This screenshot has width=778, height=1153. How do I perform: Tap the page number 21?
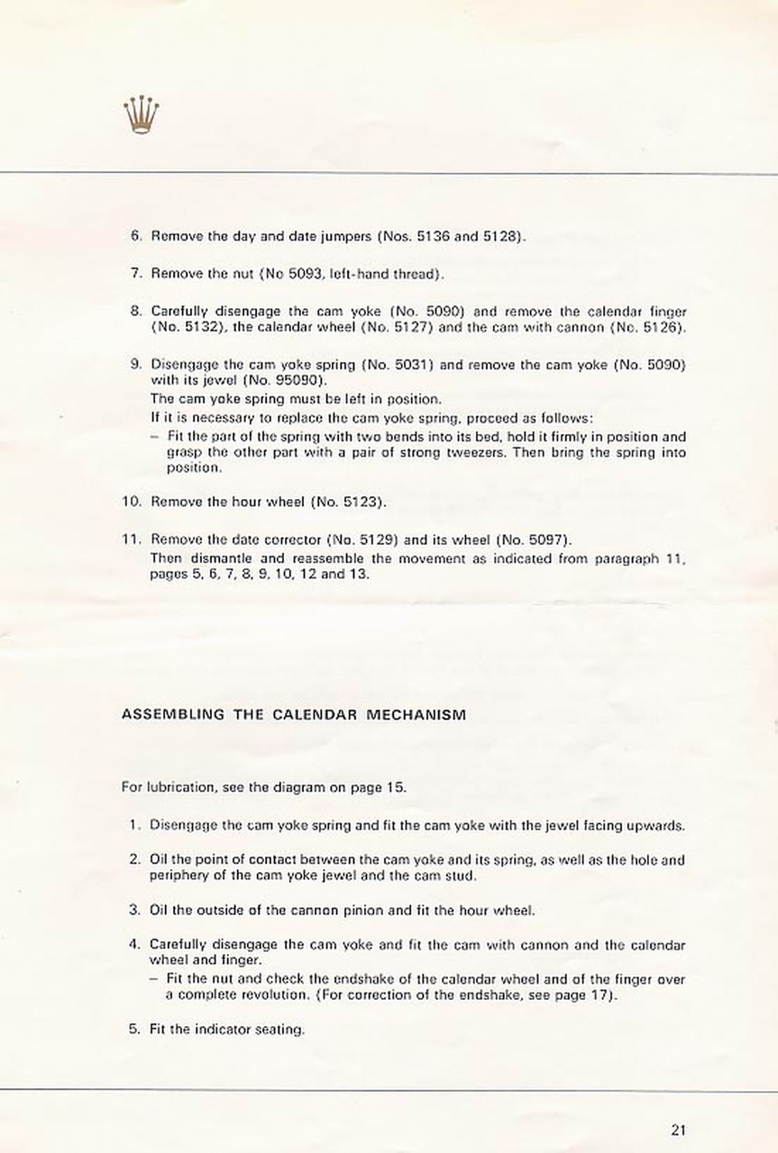tap(679, 1128)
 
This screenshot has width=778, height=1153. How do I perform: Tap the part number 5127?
tap(397, 327)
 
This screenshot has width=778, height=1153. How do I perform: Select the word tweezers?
tap(475, 452)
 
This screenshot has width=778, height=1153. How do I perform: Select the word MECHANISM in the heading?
tap(417, 715)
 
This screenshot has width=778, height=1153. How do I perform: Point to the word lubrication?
tap(178, 786)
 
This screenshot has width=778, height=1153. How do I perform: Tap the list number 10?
tap(129, 501)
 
